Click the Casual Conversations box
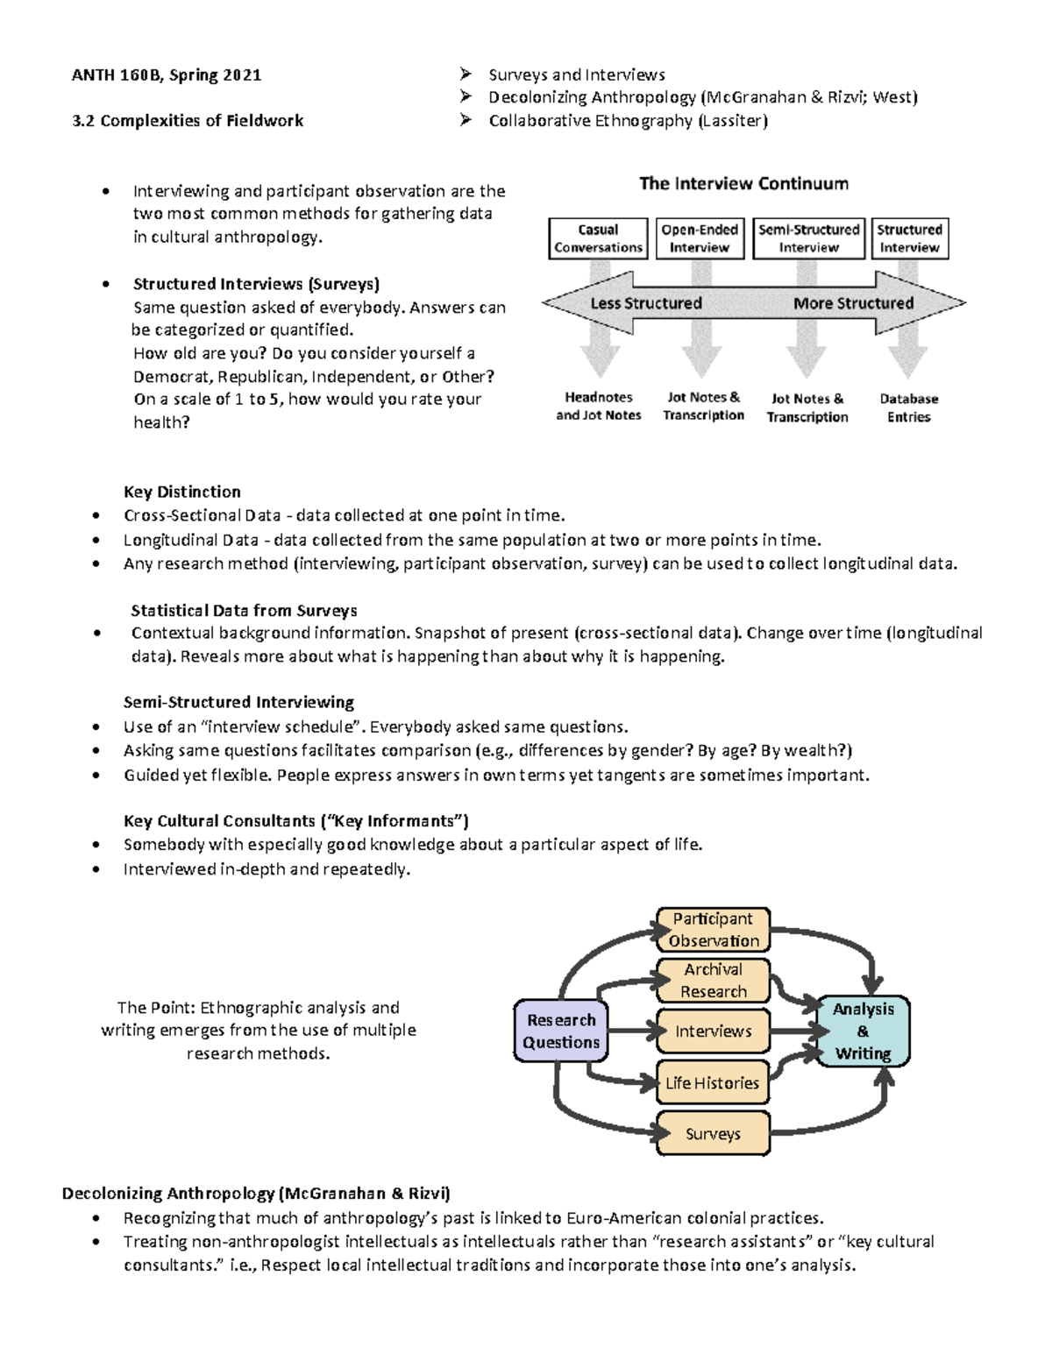(599, 238)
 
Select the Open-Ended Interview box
(700, 238)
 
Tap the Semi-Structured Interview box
(809, 238)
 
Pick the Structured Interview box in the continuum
(910, 238)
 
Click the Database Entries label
(909, 408)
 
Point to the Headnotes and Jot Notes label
(599, 407)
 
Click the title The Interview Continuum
(743, 183)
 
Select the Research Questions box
(561, 1031)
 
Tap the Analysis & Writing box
(864, 1031)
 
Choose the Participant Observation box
(714, 930)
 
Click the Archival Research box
(714, 981)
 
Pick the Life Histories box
(713, 1082)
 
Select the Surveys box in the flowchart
(714, 1134)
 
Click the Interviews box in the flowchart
(714, 1031)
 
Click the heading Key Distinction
(182, 492)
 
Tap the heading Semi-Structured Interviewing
(238, 702)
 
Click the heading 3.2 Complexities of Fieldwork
(188, 121)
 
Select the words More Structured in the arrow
(853, 303)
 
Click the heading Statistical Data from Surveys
(244, 611)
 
